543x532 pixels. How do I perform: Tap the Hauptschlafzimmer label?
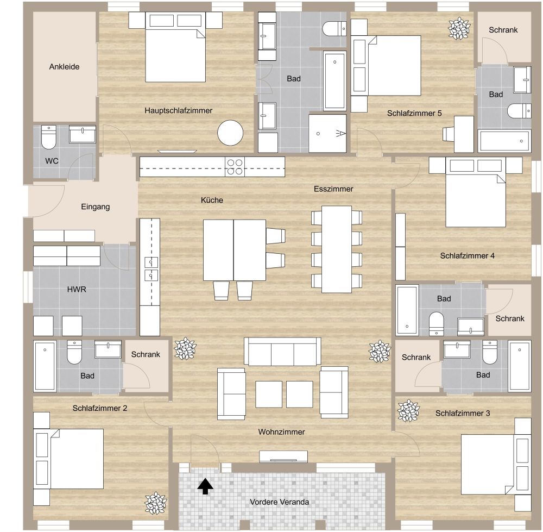pos(178,110)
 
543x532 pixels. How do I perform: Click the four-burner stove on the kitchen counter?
pos(235,166)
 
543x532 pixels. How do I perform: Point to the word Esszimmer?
pos(333,189)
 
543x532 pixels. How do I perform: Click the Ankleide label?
pos(64,67)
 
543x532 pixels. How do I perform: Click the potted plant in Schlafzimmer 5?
pos(459,28)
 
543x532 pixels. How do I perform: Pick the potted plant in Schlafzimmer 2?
pos(155,502)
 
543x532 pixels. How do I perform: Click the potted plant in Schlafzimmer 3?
pos(407,411)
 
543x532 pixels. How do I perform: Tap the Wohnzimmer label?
pos(281,432)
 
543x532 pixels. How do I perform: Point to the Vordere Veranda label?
pos(280,502)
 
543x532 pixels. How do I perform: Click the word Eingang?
pos(95,206)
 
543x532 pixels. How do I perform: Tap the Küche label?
pos(212,200)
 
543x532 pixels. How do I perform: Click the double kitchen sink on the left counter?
pos(150,269)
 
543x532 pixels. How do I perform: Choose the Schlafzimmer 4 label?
pos(467,255)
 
